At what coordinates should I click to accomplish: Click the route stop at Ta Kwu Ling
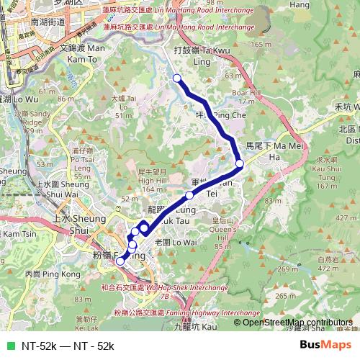[177, 78]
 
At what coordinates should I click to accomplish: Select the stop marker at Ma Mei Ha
[240, 163]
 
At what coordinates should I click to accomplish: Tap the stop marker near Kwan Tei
[189, 195]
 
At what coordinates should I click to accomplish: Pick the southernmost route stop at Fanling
[120, 261]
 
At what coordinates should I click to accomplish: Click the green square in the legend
[9, 346]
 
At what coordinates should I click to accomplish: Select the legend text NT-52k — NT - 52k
[68, 346]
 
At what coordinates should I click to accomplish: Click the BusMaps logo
[325, 345]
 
